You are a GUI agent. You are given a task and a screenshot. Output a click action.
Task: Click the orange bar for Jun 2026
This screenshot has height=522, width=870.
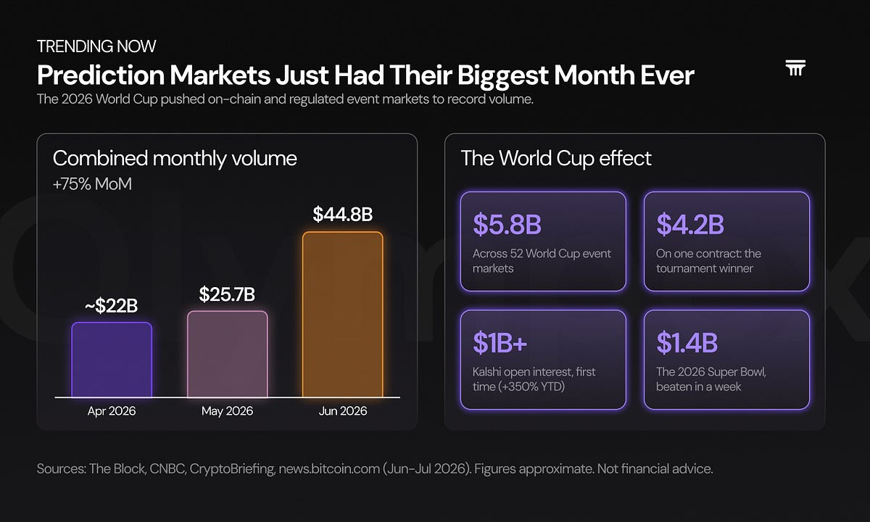pos(342,315)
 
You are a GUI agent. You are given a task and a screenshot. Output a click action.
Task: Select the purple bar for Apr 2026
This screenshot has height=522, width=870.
pos(112,360)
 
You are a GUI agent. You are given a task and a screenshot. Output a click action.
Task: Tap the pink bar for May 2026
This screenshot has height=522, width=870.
pos(227,355)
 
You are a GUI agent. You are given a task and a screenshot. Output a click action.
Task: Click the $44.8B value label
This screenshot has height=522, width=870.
pos(342,214)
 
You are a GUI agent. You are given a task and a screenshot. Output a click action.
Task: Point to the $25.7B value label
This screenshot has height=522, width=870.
pos(227,294)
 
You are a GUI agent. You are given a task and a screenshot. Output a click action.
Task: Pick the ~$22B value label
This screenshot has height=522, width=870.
pos(112,306)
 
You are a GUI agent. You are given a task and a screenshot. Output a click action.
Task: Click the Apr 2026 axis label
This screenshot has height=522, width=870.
pos(112,411)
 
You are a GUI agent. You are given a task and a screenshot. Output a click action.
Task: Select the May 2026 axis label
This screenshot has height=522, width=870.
pos(227,411)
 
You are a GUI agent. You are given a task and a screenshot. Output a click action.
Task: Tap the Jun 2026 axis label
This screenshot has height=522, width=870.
pos(342,411)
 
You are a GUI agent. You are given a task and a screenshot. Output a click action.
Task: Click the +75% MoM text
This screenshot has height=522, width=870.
pos(93,184)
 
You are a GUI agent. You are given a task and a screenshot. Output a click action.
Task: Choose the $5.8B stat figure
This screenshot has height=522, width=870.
pos(507,225)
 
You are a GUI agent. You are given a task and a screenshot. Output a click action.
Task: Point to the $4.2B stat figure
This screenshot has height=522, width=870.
pos(690,225)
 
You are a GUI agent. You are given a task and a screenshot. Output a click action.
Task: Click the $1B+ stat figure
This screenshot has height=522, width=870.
pos(500,342)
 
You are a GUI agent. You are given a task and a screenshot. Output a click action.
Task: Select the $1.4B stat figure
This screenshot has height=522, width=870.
pos(687,342)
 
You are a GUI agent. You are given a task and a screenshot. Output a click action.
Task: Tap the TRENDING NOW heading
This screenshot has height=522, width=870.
pos(96,46)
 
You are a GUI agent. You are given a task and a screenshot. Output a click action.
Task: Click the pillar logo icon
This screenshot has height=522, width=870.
pos(795,68)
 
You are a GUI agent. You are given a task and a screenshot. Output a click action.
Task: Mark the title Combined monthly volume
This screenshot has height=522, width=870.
pos(175,159)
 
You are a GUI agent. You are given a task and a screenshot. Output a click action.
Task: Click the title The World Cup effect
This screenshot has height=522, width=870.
pos(556,159)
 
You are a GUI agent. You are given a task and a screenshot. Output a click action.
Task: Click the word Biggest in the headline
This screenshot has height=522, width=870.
pos(502,75)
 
